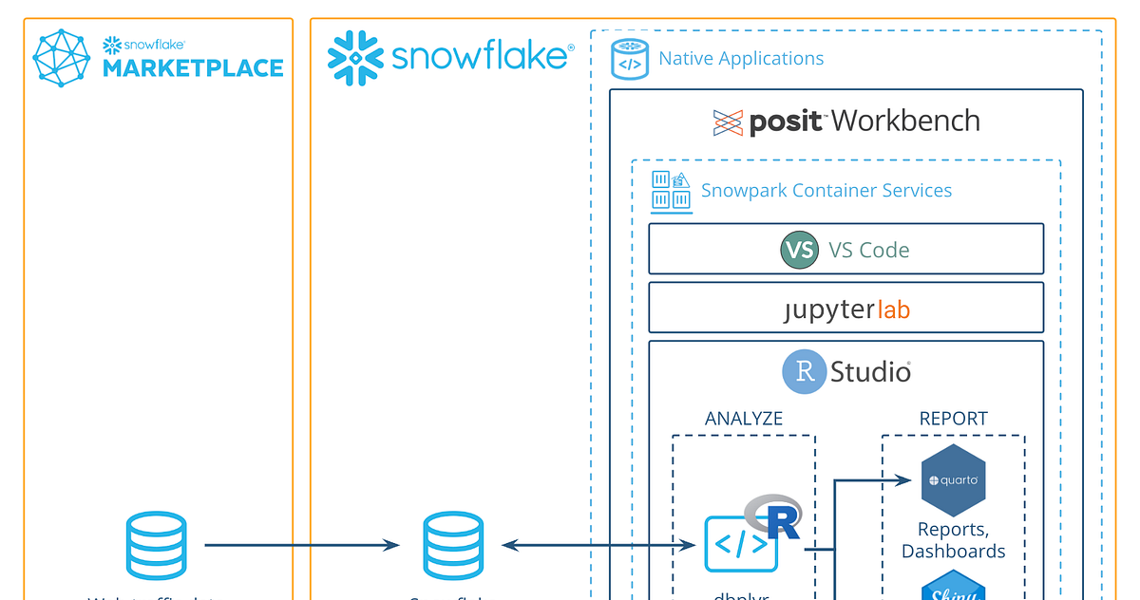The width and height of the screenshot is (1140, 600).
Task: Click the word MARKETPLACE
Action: pos(193,68)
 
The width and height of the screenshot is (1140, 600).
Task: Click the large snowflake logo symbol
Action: pos(355,57)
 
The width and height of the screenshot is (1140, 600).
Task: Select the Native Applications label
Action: pos(741,59)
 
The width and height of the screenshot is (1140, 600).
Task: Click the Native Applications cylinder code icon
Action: pos(628,59)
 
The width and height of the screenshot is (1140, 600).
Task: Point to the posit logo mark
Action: pos(728,122)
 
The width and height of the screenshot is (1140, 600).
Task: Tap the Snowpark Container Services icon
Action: pos(671,190)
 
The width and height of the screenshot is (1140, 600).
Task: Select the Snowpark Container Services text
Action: pos(826,190)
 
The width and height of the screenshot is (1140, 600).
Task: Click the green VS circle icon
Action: pos(799,250)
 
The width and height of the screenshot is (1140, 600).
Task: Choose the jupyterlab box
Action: pos(846,309)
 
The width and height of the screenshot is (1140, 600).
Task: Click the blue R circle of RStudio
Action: pos(804,372)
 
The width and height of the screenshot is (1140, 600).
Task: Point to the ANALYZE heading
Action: pos(744,419)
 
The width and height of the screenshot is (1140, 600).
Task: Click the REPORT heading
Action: pos(953,419)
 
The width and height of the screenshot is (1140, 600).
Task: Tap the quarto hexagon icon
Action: pos(953,480)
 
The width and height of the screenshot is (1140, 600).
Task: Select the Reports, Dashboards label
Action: pos(953,540)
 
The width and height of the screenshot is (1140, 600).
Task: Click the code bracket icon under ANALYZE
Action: pos(741,545)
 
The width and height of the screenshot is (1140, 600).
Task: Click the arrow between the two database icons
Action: pos(302,545)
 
